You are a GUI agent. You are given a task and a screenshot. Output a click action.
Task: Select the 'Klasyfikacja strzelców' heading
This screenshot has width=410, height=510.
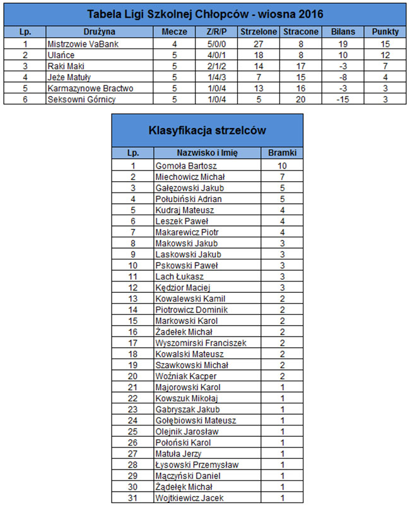(207, 131)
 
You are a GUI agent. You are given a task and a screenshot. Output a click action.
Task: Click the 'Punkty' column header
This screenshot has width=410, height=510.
(385, 31)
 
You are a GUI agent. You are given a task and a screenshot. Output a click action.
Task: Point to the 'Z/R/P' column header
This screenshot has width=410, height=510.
(216, 31)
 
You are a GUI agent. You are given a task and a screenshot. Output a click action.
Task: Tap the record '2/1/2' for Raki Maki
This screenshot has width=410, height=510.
(216, 66)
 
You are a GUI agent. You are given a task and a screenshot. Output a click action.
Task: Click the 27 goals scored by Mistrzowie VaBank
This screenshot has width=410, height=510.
(257, 44)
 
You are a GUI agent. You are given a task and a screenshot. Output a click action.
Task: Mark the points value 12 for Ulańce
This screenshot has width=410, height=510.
(385, 55)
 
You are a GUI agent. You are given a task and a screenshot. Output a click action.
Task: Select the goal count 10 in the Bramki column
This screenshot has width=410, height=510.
(282, 165)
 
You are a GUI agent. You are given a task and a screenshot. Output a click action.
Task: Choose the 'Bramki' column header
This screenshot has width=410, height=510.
(282, 153)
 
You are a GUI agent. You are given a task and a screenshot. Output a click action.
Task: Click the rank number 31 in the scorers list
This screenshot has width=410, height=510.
(132, 499)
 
